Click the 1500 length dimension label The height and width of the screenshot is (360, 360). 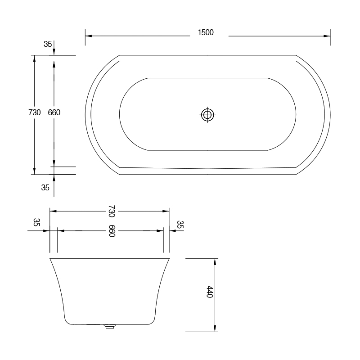point(206,32)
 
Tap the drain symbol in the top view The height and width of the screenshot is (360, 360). point(207,115)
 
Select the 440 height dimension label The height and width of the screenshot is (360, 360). point(209,292)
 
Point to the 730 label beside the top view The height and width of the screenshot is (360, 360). point(35,112)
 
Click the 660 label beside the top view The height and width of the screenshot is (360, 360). point(54,112)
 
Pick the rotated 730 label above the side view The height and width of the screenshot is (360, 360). point(112,211)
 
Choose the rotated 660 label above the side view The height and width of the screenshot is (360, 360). point(112,231)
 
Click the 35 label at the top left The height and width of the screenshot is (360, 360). point(48,44)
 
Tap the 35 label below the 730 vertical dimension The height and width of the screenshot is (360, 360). point(45,188)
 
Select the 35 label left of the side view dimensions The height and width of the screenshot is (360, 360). point(37,222)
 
